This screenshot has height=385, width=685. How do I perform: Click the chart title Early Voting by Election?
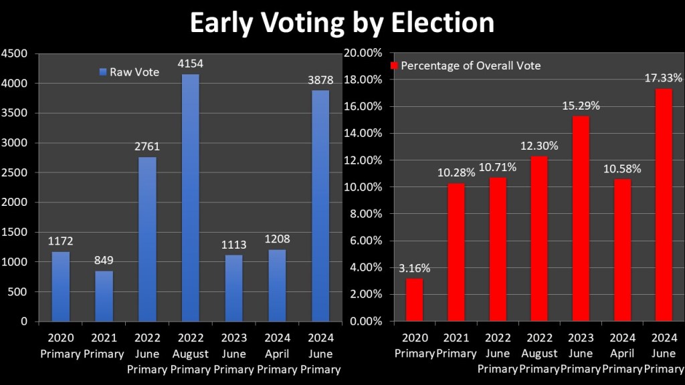[342, 23]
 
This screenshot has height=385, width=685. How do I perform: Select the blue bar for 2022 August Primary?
[190, 198]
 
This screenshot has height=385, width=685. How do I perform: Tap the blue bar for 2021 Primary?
[104, 295]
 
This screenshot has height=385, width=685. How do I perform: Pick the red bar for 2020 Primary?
[414, 299]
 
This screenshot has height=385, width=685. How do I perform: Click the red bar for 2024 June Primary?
[663, 205]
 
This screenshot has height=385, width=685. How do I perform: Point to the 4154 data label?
[190, 64]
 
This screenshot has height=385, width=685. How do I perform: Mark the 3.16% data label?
[414, 268]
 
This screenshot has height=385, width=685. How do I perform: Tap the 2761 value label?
[147, 147]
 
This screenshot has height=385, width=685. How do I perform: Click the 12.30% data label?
[539, 146]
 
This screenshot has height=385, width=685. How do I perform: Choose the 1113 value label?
[233, 245]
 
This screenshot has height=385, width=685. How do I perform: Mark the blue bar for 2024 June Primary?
[320, 206]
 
